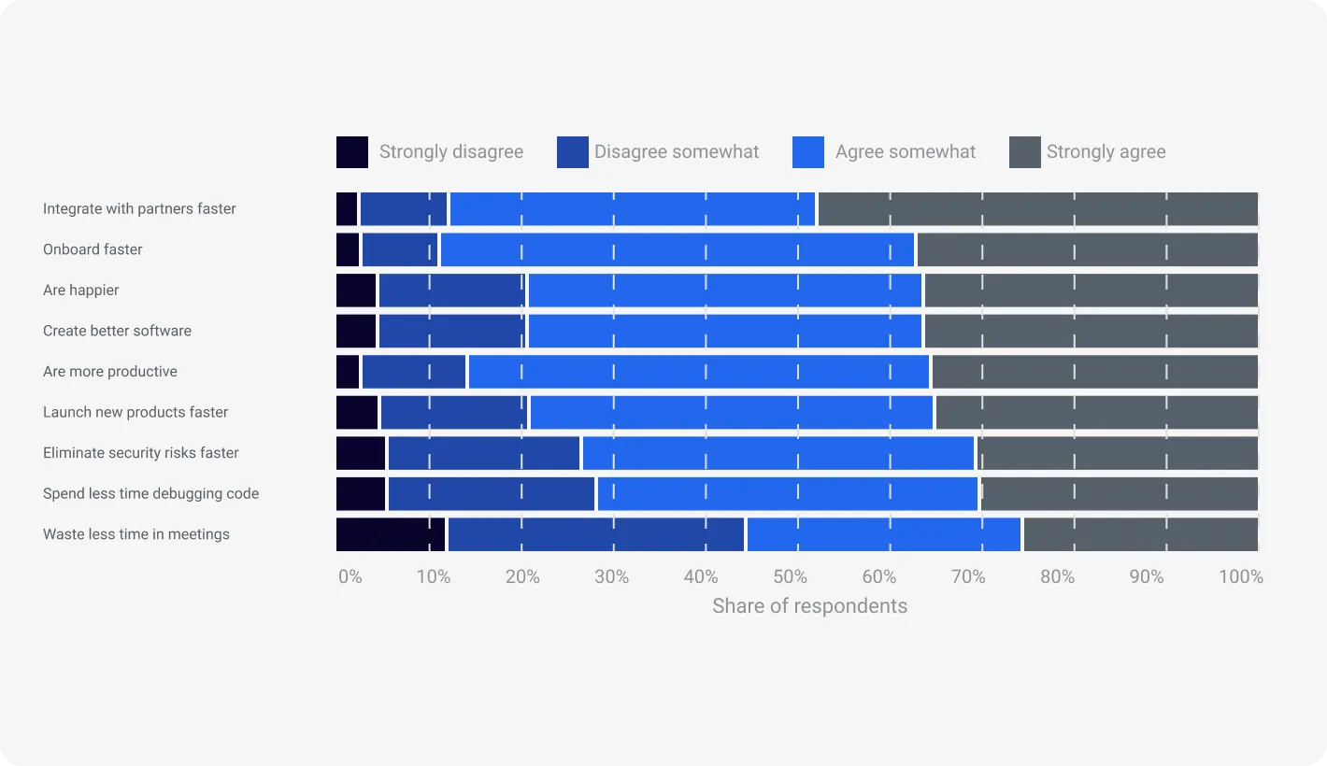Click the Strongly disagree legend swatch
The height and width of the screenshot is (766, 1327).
point(352,152)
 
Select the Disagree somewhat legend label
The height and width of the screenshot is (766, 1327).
point(677,152)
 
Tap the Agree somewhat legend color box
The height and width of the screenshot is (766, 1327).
point(808,152)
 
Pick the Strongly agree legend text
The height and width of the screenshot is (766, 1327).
point(1106,152)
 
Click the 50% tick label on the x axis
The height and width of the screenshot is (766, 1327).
point(790,577)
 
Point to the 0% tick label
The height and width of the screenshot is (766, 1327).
point(350,577)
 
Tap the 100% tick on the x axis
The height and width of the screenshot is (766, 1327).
point(1240,577)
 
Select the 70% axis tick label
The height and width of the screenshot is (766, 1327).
point(968,577)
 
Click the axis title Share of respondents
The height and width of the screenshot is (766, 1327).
point(809,606)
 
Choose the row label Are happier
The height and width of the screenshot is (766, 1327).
point(81,291)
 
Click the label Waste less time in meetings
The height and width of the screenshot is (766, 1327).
point(136,534)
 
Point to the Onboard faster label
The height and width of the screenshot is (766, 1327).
point(93,249)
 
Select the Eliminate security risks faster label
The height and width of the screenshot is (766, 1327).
point(141,453)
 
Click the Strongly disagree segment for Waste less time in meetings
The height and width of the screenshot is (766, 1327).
point(391,534)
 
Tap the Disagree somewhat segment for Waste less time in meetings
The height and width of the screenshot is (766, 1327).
point(596,534)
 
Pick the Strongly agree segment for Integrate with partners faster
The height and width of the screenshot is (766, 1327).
point(1037,209)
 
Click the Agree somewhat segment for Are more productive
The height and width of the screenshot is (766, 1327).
point(699,372)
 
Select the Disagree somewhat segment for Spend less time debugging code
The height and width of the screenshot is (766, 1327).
point(492,494)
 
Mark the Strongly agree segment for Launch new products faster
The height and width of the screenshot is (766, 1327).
point(1096,413)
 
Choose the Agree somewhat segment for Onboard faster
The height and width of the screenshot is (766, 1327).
point(678,250)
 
